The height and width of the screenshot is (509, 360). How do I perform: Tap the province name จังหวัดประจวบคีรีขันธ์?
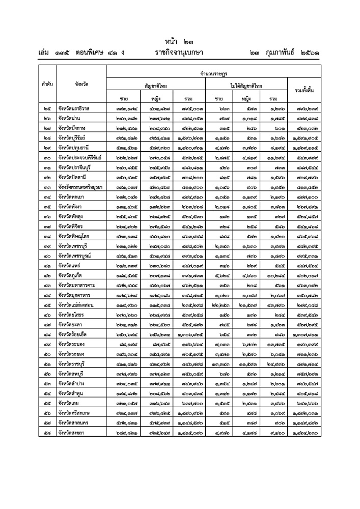pos(79,157)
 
